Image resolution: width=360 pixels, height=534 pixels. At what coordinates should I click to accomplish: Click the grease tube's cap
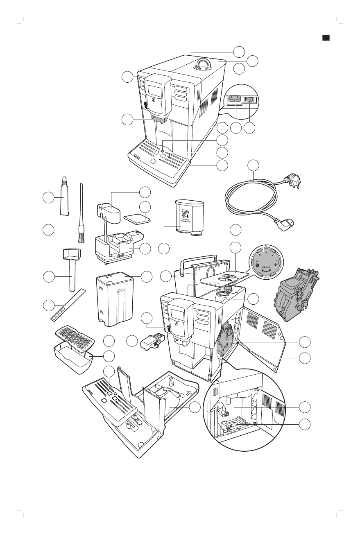64,180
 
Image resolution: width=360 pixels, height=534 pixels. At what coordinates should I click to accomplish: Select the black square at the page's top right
326,38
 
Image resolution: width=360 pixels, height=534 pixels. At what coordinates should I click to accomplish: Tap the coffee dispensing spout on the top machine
160,120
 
